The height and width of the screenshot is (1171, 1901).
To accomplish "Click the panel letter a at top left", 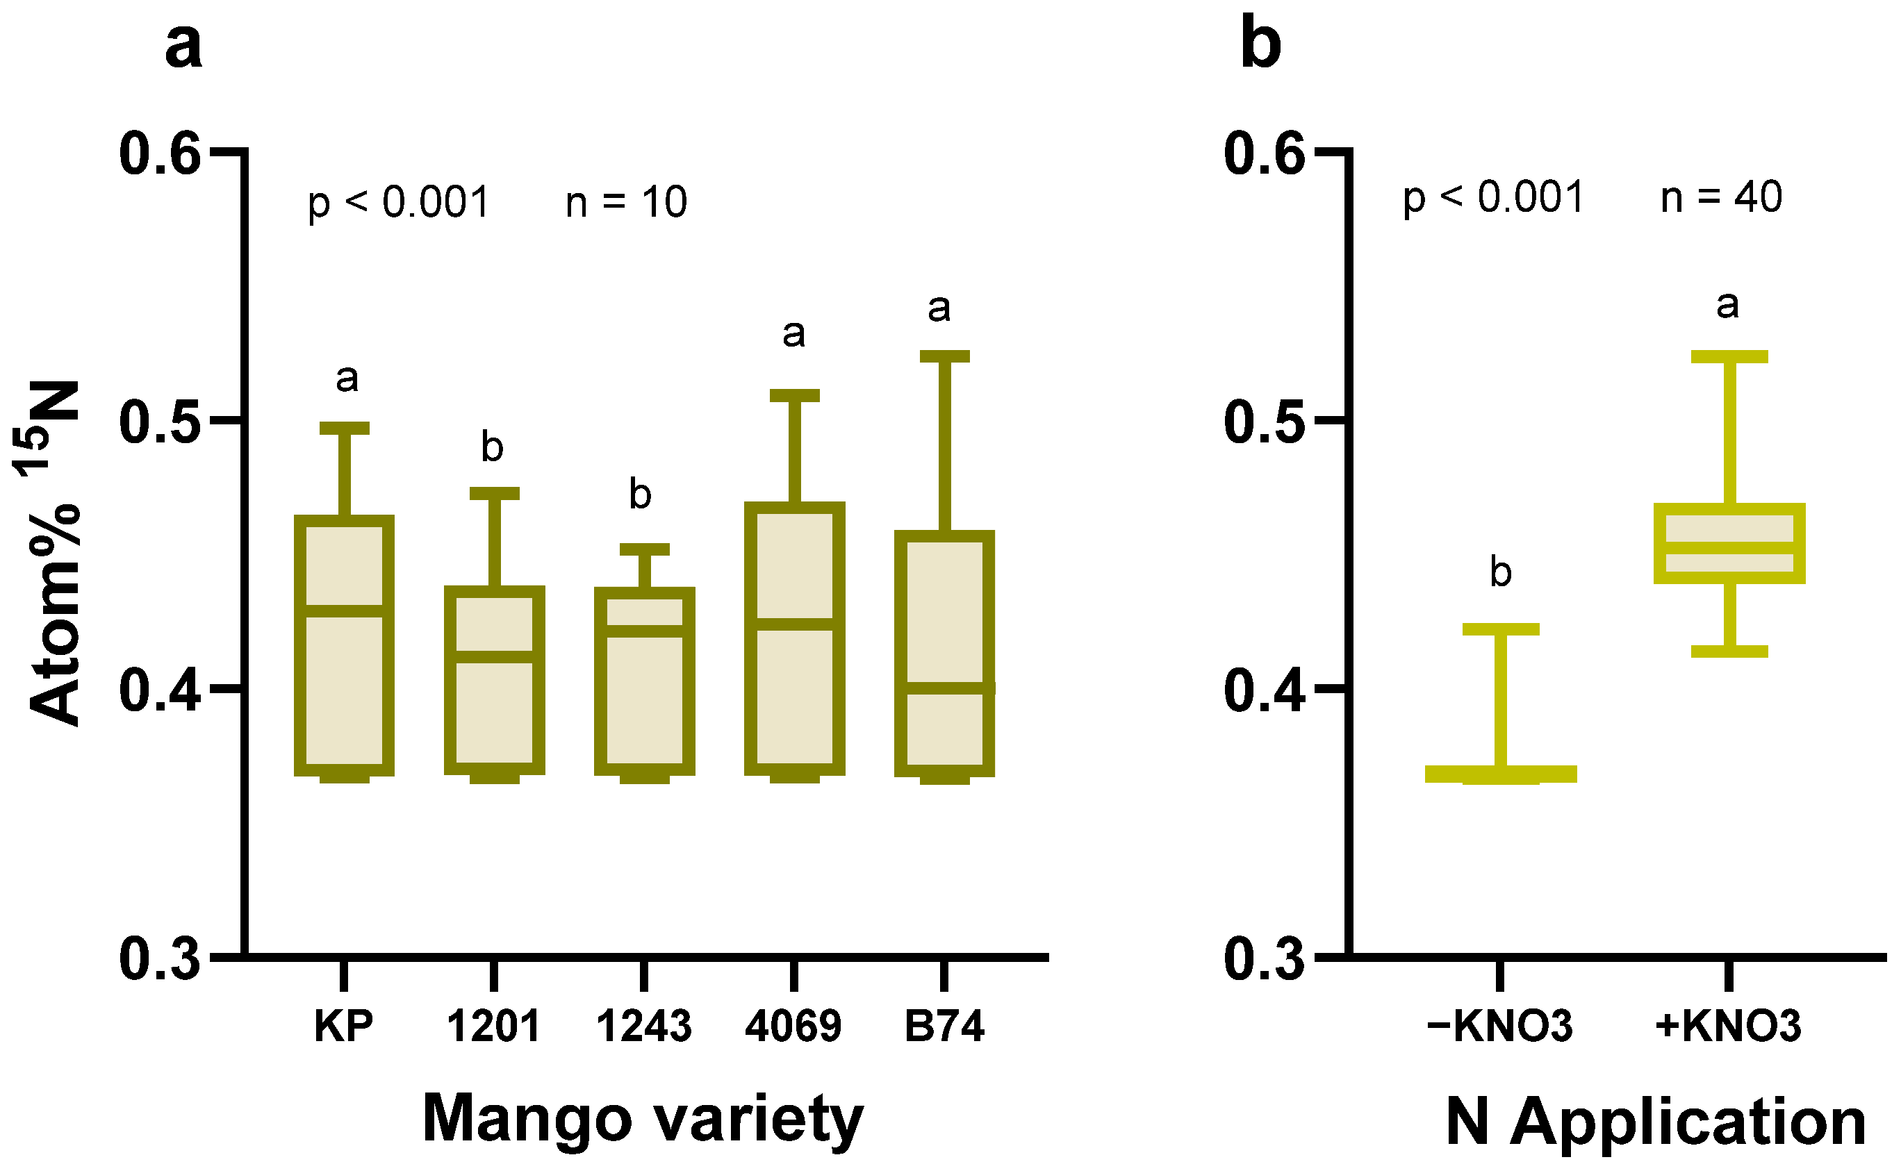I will point(183,46).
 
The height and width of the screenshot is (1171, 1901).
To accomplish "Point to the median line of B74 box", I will point(944,688).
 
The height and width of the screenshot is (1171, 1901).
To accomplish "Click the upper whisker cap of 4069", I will point(794,396).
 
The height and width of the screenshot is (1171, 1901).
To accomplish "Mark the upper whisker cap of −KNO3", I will point(1501,629).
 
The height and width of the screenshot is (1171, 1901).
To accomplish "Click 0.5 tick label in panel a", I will point(160,423).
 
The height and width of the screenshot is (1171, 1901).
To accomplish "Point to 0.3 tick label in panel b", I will point(1265,958).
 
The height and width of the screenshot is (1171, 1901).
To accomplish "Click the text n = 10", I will point(626,202).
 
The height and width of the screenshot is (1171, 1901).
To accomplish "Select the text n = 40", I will point(1721,197).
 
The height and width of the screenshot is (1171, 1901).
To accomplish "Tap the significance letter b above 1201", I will point(492,447).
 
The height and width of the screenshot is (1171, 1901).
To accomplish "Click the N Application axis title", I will point(1654,1122).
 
